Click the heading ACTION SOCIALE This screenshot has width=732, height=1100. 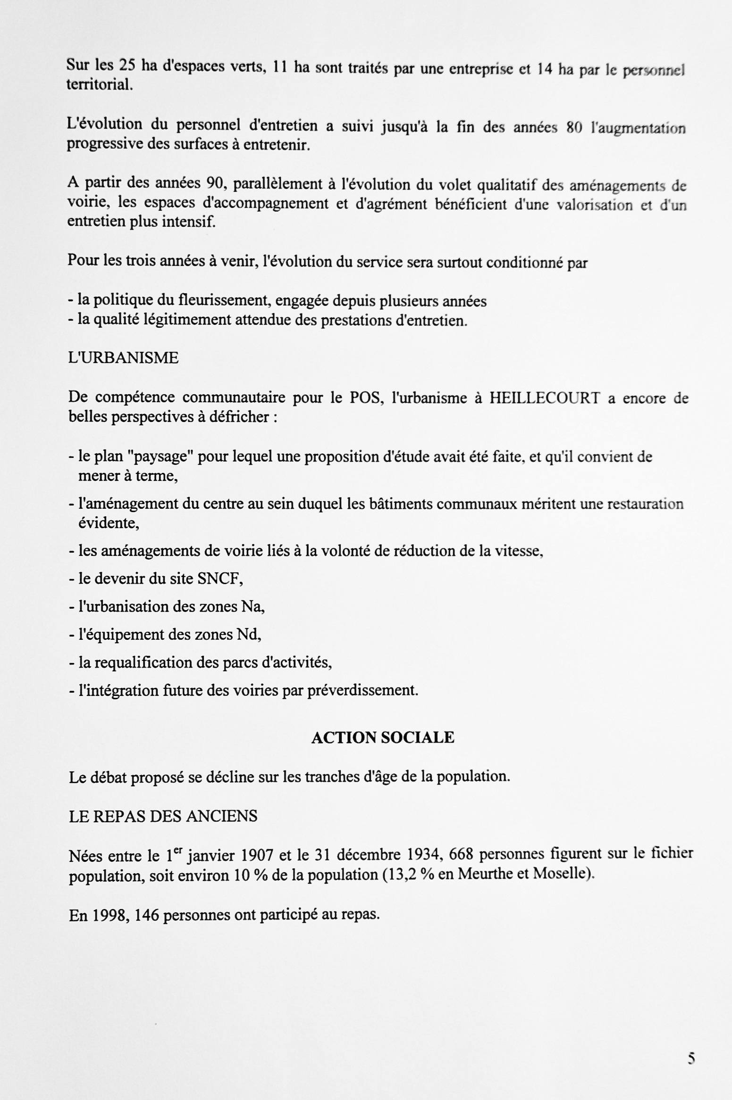tap(382, 737)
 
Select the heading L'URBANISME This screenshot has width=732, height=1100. tap(123, 358)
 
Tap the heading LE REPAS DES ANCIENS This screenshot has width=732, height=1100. tap(163, 816)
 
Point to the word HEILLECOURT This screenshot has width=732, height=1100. tap(544, 398)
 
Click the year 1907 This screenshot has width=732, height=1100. tap(258, 855)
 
